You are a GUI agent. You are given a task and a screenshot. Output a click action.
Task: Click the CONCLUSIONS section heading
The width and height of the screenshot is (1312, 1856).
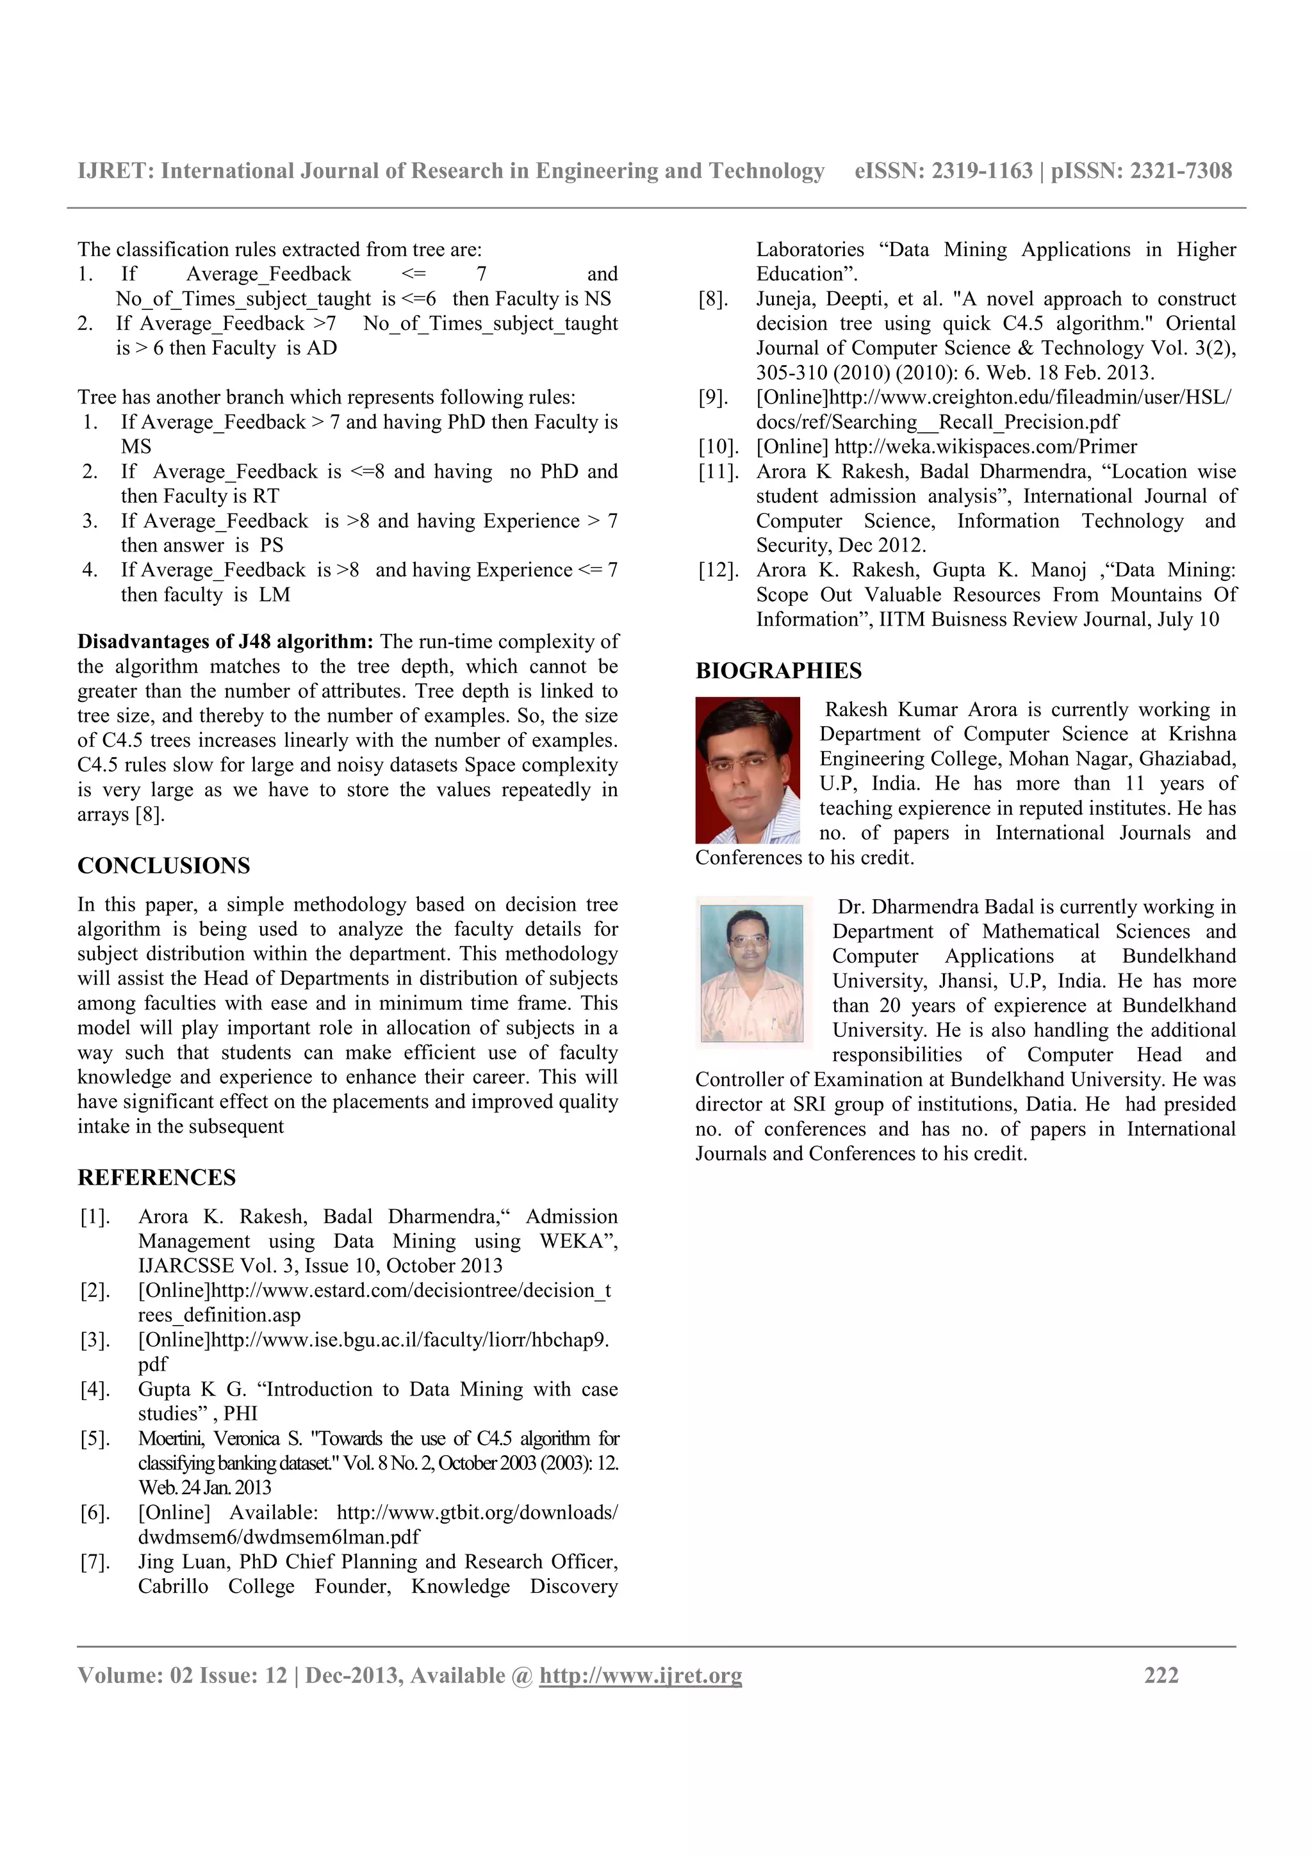tap(163, 866)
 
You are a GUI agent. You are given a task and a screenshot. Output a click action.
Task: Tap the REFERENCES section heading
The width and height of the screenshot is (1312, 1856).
tap(157, 1178)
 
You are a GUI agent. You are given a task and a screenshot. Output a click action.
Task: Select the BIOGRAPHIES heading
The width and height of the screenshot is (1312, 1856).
tap(778, 671)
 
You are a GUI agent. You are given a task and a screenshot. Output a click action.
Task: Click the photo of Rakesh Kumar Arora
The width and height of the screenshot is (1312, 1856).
tap(747, 770)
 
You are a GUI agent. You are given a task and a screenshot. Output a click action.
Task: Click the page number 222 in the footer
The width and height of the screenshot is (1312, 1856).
tap(1161, 1675)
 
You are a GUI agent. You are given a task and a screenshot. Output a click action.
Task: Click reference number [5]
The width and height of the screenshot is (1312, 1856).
tap(95, 1439)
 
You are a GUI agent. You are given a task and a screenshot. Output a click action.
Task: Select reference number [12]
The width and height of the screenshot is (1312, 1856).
tap(719, 571)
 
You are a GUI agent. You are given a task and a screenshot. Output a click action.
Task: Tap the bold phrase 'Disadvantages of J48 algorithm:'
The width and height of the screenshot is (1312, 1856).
tap(225, 642)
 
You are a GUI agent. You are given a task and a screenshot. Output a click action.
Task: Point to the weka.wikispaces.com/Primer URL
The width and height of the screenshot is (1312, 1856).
tap(985, 447)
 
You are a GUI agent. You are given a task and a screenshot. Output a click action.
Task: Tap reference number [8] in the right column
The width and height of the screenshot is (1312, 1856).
tap(714, 299)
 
